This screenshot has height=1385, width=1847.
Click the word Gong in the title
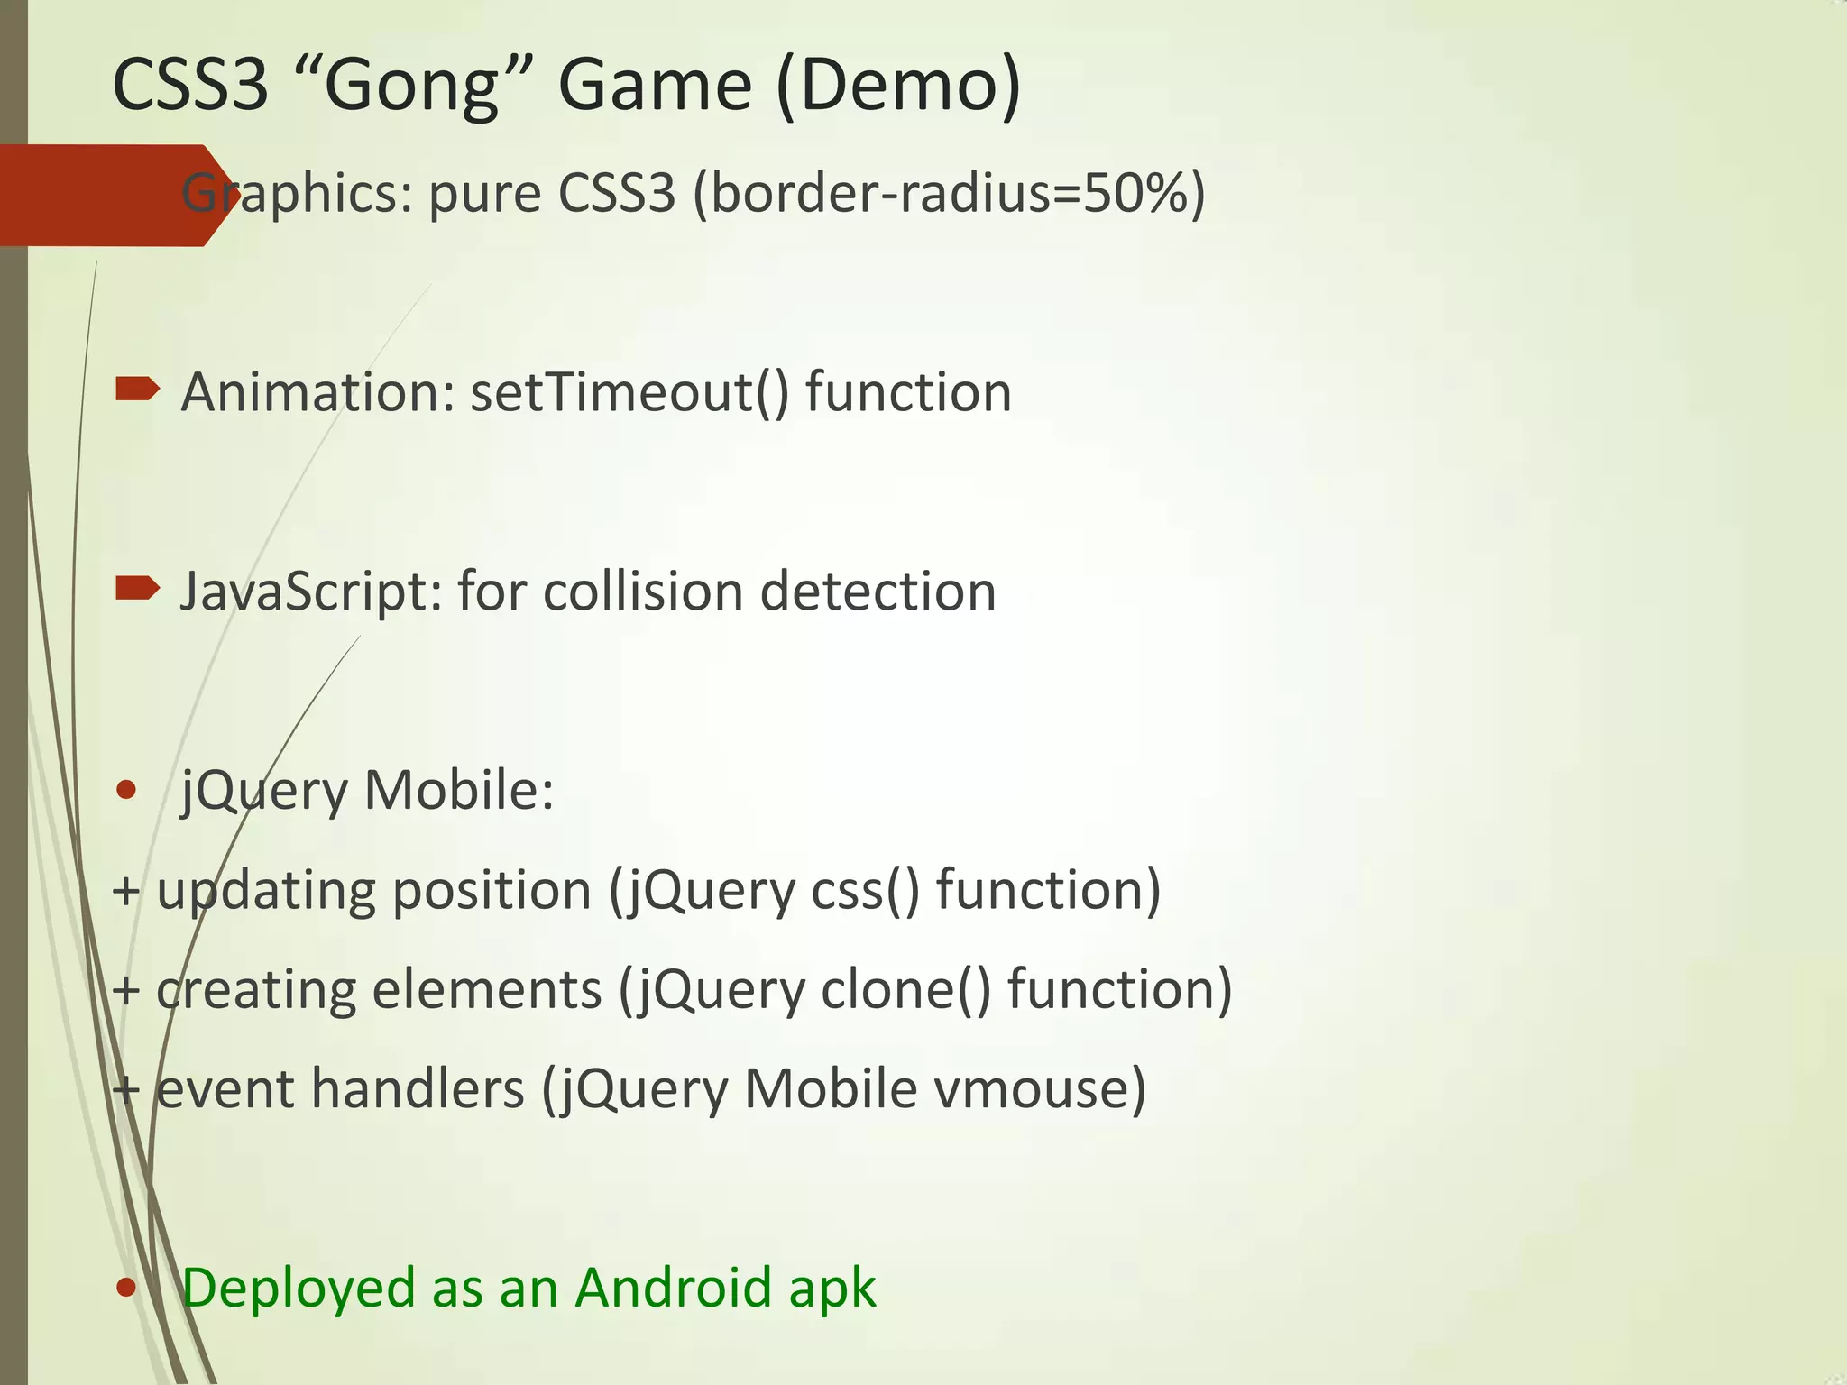click(x=412, y=86)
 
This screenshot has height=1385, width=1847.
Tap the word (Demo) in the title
click(x=898, y=86)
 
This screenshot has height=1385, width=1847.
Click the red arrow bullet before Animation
click(x=137, y=390)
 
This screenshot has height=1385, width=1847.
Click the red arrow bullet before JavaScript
click(x=137, y=590)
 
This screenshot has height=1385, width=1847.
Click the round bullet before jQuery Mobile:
click(x=126, y=791)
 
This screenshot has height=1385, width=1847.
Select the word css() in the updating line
click(x=865, y=890)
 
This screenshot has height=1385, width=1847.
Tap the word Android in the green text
click(x=673, y=1287)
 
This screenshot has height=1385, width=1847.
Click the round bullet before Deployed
click(x=126, y=1289)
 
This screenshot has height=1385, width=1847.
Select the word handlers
click(x=417, y=1088)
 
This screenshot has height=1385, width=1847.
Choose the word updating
click(x=265, y=892)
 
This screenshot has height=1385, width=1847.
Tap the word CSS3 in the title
click(x=190, y=86)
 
